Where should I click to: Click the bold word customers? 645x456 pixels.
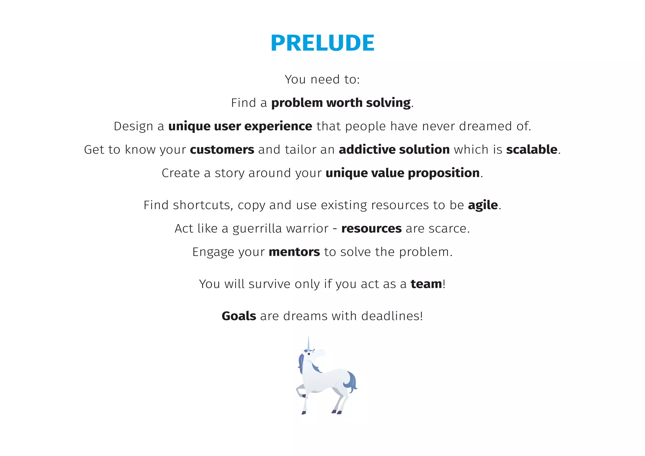[222, 150]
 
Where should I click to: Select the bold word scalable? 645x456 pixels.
[532, 150]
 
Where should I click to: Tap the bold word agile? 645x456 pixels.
[483, 205]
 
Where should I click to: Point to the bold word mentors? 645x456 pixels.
[294, 252]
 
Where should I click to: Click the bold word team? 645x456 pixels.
[426, 284]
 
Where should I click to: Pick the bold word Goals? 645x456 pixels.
[239, 316]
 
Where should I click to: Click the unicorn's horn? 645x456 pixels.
[308, 343]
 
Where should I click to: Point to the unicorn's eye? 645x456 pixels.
[309, 354]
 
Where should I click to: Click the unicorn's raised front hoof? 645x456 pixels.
[304, 396]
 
